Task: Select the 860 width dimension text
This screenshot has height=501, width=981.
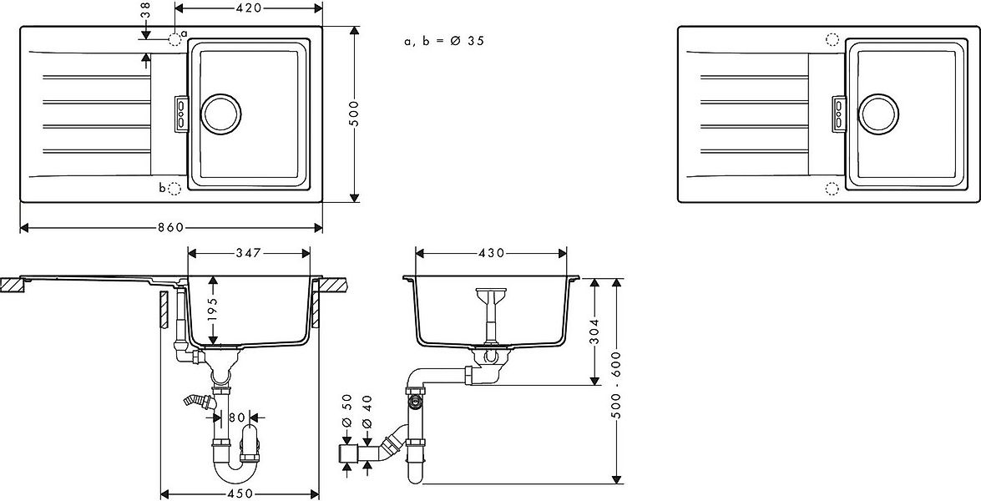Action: point(172,228)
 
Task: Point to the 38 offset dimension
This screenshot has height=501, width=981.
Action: point(145,10)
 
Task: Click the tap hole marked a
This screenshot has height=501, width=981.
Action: point(174,38)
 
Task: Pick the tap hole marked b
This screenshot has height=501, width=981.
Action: point(174,189)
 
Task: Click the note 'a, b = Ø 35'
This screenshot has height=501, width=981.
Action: point(443,41)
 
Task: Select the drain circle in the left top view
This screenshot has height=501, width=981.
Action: point(222,114)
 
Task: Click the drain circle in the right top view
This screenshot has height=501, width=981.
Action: point(880,114)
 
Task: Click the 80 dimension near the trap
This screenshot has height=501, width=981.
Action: point(237,416)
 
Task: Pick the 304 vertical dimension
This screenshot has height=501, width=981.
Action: point(594,331)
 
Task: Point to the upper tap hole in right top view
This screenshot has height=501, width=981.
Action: point(832,38)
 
